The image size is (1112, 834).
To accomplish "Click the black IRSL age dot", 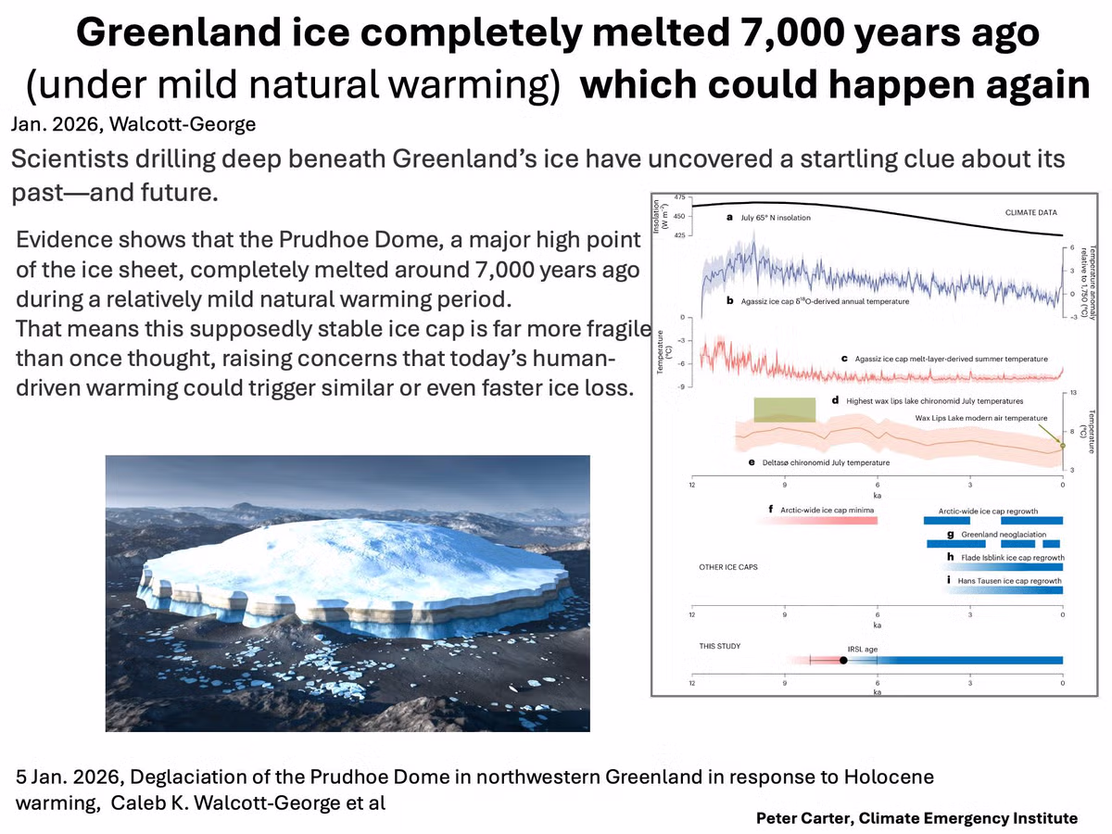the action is (843, 661).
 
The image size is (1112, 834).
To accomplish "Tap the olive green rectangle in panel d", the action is (785, 411).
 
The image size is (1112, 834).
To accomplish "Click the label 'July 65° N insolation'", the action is (776, 218).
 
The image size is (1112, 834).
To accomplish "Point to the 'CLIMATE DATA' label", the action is (1031, 213).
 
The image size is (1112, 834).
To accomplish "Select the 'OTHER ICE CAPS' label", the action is (728, 567).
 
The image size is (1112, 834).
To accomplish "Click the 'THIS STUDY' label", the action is (720, 646).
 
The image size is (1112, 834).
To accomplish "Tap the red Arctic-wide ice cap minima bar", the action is (818, 521).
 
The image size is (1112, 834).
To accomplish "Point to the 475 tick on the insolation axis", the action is (680, 197).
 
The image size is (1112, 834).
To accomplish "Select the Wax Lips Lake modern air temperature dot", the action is (1062, 446).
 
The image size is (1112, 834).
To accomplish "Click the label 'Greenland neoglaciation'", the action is (1004, 535).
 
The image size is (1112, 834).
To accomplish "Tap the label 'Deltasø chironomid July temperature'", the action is (826, 462).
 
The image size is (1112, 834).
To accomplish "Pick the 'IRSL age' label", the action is (862, 650).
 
